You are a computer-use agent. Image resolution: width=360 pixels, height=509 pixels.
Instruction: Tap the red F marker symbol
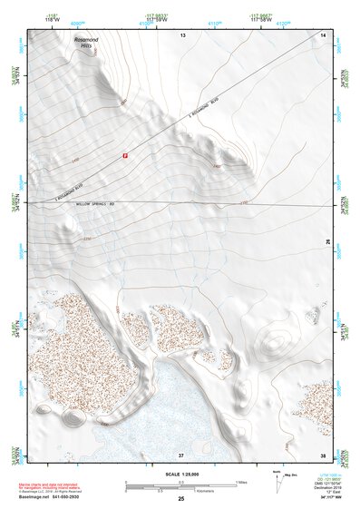(x=125, y=156)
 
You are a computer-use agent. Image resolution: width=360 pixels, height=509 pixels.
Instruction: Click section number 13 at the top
(x=181, y=34)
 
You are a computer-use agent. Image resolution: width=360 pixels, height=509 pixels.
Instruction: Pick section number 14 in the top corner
(x=322, y=34)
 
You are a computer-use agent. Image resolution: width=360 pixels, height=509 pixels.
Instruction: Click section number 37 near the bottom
(x=181, y=454)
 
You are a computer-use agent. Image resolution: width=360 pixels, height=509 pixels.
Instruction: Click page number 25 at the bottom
(x=180, y=499)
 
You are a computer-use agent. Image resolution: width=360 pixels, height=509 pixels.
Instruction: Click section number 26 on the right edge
(x=328, y=240)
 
